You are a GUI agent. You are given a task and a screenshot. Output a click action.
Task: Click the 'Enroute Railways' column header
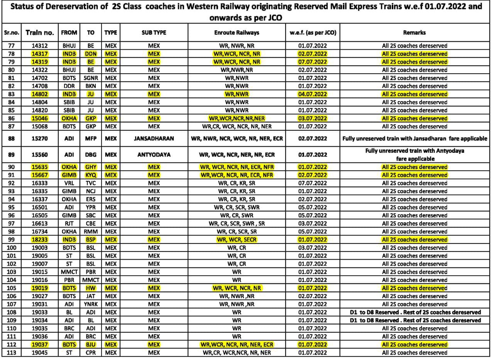click(x=237, y=33)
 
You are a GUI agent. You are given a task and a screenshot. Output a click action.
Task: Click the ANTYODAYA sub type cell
click(x=154, y=155)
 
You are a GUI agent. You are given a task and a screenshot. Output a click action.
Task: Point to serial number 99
click(x=12, y=240)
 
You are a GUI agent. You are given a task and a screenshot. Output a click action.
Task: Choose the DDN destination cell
click(x=91, y=54)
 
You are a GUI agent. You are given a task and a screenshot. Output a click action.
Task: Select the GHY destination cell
click(x=91, y=167)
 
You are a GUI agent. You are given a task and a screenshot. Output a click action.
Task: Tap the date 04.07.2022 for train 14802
click(x=313, y=94)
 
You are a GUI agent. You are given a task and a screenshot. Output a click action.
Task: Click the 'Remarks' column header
click(x=414, y=33)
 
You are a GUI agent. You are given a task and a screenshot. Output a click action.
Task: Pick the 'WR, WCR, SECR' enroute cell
click(x=237, y=240)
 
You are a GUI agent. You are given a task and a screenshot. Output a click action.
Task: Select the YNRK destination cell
click(x=91, y=304)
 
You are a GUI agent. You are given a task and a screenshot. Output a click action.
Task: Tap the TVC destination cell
click(x=91, y=183)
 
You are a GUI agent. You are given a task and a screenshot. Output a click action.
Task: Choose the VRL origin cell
click(x=69, y=183)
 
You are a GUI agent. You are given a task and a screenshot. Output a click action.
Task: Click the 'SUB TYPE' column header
click(x=154, y=33)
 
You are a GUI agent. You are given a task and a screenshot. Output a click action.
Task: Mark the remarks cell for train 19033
click(x=414, y=312)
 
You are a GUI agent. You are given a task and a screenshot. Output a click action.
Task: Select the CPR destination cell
click(x=91, y=353)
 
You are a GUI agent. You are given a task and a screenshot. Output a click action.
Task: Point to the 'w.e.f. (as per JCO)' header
click(x=313, y=33)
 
